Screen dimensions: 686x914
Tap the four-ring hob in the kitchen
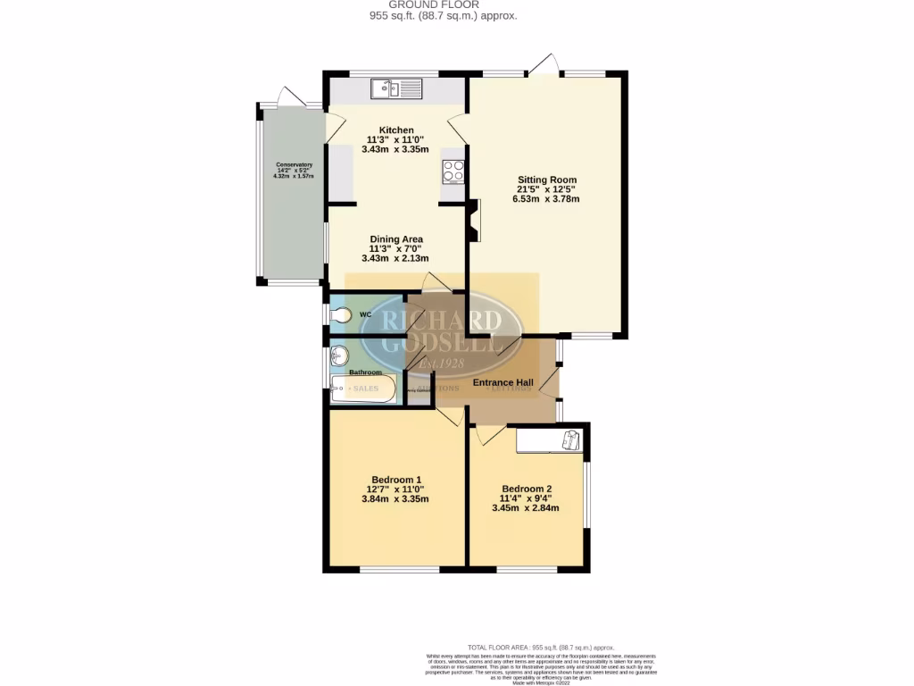453,170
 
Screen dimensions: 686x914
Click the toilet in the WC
342,314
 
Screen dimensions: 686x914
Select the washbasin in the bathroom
339,356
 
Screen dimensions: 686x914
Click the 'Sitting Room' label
545,180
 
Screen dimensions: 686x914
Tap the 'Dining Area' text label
395,239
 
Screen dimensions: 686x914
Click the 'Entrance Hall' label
503,383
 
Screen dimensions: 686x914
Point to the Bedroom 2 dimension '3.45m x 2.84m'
525,508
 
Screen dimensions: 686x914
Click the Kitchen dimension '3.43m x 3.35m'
395,149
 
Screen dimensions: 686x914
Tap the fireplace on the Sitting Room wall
473,220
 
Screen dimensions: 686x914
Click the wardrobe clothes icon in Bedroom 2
570,439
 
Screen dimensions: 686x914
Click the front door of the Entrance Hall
554,384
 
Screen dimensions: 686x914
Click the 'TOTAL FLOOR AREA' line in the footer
541,647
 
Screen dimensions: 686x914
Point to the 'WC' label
365,315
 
